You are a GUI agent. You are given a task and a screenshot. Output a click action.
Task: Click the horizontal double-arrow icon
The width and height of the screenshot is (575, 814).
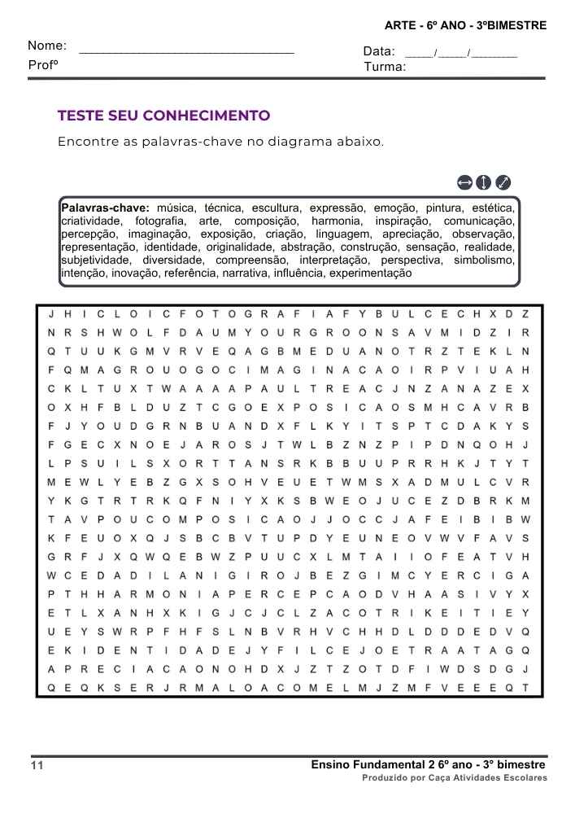464,182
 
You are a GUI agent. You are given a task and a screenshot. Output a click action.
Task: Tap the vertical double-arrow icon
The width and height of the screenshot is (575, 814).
483,182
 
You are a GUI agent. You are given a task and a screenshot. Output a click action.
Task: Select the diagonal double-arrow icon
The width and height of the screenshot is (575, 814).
503,182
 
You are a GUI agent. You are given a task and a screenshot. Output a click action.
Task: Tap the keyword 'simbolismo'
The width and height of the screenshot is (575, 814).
484,260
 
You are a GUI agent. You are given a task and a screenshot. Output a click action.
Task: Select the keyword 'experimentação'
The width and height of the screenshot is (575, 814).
370,273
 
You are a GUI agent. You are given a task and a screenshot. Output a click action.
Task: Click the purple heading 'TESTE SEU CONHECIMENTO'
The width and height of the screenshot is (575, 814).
163,116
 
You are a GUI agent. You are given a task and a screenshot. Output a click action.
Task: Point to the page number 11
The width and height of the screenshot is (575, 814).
37,766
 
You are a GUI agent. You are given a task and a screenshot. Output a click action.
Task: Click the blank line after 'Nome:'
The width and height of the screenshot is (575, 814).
187,50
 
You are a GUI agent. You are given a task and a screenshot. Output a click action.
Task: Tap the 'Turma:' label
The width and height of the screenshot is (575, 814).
385,67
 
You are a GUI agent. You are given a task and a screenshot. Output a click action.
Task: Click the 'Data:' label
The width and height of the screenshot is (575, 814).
379,52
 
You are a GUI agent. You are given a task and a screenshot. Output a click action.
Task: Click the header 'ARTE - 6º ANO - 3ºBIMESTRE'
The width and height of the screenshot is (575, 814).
465,26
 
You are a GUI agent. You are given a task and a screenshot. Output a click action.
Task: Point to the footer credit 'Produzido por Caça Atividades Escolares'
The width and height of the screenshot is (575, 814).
455,778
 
